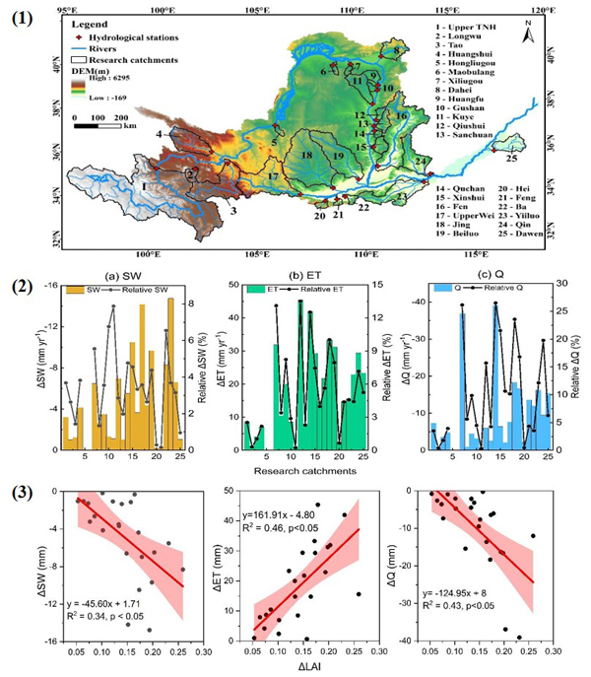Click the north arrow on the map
point(528,36)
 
